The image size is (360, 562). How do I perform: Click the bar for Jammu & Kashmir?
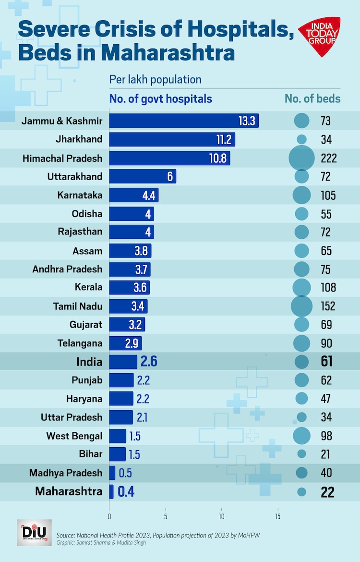[x=184, y=121]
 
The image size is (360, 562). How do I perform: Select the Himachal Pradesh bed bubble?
[x=301, y=158]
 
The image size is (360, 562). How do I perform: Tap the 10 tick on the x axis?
[x=222, y=517]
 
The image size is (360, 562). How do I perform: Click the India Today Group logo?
[x=319, y=37]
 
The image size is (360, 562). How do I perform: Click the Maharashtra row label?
[x=69, y=491]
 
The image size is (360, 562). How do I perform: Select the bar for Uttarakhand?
[x=143, y=176]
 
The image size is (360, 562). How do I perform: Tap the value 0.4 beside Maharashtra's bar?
[x=125, y=491]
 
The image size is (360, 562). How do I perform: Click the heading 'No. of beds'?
[x=312, y=99]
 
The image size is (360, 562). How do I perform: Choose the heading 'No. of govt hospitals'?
[x=161, y=99]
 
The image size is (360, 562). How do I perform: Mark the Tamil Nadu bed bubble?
[x=301, y=306]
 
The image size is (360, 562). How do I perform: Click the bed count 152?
[x=328, y=306]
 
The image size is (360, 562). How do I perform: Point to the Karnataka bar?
[x=134, y=195]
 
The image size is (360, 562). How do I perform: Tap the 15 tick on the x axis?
[x=278, y=517]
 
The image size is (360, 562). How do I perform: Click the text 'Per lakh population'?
[x=155, y=79]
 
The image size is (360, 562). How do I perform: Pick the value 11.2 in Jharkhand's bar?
[x=224, y=139]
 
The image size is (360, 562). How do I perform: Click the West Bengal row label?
[x=74, y=436]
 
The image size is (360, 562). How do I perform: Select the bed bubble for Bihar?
[x=301, y=453]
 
